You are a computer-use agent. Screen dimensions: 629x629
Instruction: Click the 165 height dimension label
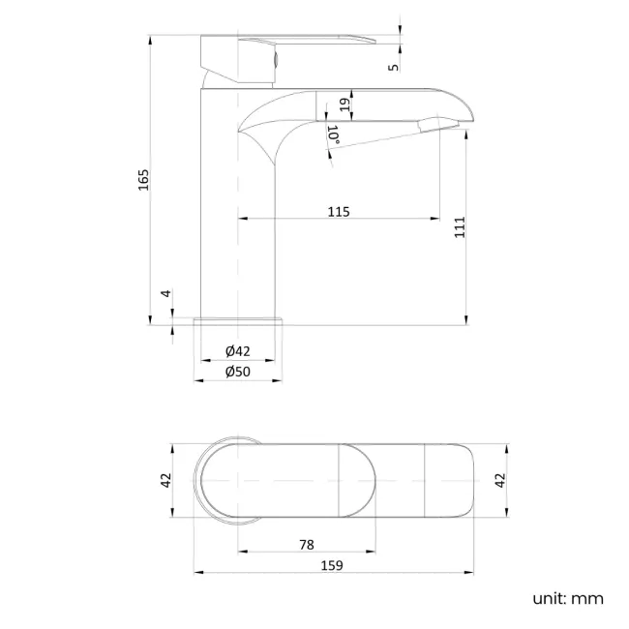(x=143, y=179)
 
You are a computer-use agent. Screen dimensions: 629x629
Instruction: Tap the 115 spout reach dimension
(x=338, y=211)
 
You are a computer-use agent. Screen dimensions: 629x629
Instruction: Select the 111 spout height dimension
(x=461, y=225)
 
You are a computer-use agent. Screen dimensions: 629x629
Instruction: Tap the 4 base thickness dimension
(x=165, y=293)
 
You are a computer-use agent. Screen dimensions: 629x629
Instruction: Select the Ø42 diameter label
(x=238, y=350)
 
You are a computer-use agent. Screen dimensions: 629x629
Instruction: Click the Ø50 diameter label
(x=238, y=372)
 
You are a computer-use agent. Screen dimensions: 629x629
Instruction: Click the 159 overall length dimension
(x=334, y=565)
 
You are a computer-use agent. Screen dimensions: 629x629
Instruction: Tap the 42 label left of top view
(x=165, y=480)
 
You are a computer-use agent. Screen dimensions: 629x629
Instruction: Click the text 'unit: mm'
(x=567, y=598)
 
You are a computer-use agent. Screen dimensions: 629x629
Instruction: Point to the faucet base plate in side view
(x=238, y=321)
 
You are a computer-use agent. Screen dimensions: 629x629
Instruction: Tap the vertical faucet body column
(x=238, y=223)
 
